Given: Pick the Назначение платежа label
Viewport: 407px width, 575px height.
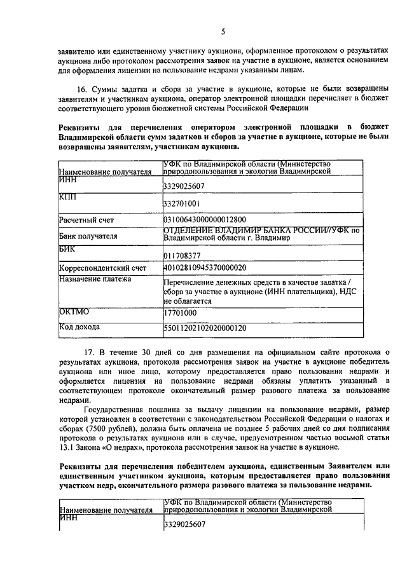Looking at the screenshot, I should (x=94, y=278).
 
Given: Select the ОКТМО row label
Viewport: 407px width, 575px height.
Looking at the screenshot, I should (x=74, y=312).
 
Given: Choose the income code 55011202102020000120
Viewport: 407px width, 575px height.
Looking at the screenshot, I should (x=205, y=328).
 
